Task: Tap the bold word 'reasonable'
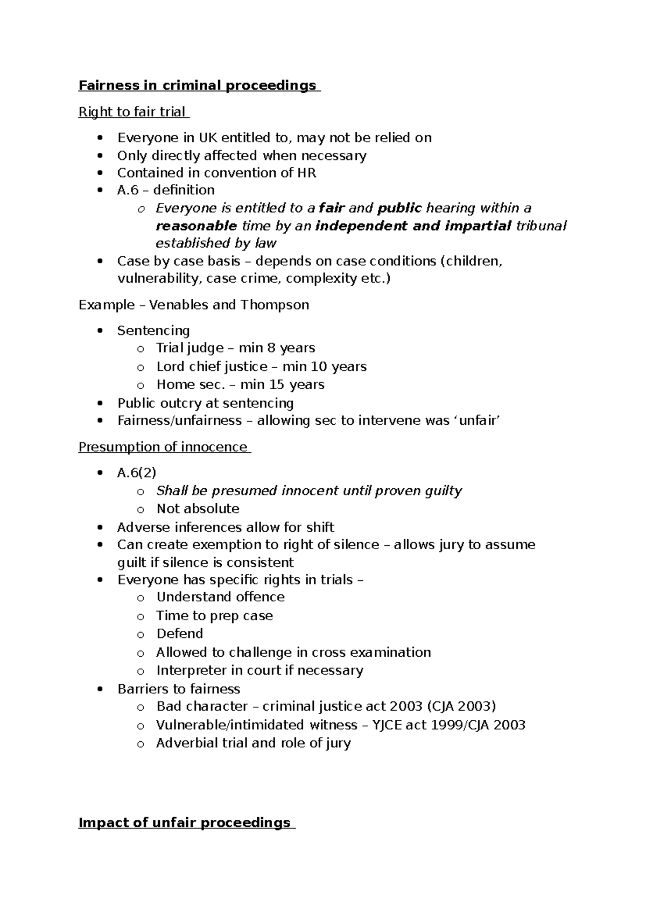[196, 226]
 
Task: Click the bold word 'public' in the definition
[399, 208]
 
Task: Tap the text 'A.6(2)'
[137, 473]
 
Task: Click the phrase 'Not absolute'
[198, 509]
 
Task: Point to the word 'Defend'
[179, 634]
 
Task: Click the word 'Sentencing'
[153, 331]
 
